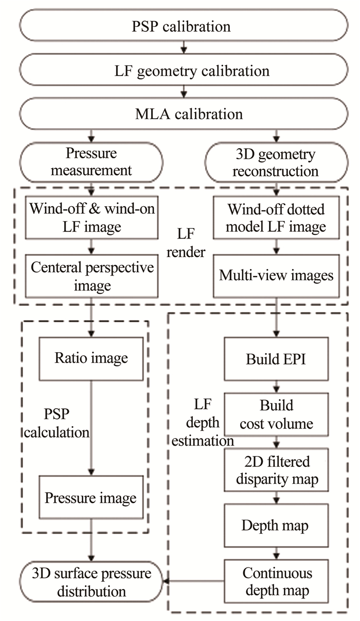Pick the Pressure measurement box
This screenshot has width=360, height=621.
pyautogui.click(x=91, y=162)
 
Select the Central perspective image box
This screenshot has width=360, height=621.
pyautogui.click(x=91, y=276)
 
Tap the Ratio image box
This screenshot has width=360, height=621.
pyautogui.click(x=91, y=358)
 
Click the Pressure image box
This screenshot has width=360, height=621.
pyautogui.click(x=91, y=498)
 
